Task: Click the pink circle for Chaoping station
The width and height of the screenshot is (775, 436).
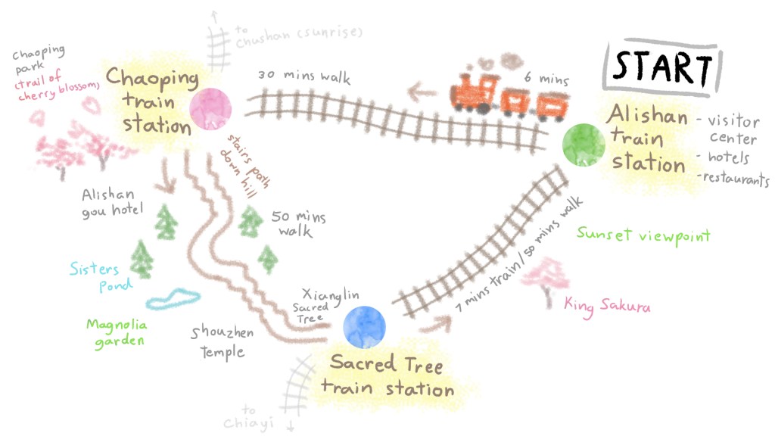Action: (x=210, y=109)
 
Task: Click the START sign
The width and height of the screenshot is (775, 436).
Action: (x=662, y=67)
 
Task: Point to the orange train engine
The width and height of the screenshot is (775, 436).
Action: (x=474, y=93)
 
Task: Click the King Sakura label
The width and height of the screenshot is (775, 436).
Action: (x=607, y=305)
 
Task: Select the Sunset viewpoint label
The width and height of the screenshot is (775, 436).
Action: (x=643, y=235)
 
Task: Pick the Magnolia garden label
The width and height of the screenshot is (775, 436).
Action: (x=116, y=332)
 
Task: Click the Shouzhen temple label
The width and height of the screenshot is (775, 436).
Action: (x=222, y=342)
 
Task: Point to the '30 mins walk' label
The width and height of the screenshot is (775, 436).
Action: (x=303, y=76)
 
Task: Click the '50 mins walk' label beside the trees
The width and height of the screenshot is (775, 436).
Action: (x=297, y=223)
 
